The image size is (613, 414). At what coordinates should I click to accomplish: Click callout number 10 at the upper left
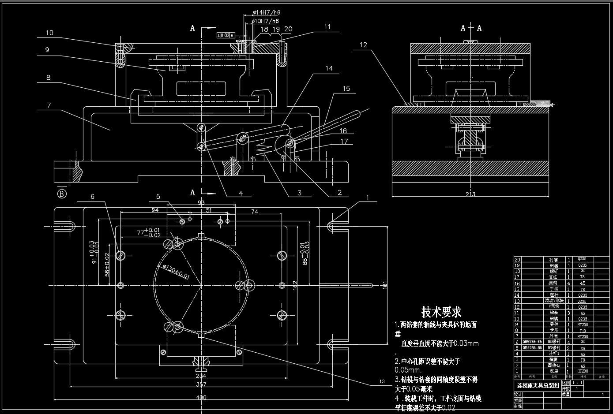(x=49, y=33)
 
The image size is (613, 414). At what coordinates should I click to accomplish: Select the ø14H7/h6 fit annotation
(x=266, y=13)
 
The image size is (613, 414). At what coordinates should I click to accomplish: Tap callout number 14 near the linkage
(x=329, y=68)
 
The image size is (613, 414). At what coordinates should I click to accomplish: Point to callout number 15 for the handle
(x=346, y=89)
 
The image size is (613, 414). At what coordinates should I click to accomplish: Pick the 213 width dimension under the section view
(x=471, y=194)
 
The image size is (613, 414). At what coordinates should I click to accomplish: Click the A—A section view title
(x=471, y=28)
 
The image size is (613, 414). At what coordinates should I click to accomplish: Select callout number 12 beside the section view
(x=363, y=45)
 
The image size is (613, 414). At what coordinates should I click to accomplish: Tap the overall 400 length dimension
(x=201, y=398)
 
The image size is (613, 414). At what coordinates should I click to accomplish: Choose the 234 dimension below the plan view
(x=201, y=376)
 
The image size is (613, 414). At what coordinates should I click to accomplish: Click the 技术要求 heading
(x=441, y=312)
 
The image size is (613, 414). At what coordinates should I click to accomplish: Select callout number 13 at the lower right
(x=382, y=381)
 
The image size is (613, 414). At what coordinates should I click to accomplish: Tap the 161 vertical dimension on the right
(x=384, y=284)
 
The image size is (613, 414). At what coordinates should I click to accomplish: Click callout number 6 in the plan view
(x=92, y=197)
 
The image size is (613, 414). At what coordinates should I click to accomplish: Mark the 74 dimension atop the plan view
(x=255, y=212)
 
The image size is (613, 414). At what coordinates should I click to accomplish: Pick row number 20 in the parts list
(x=518, y=260)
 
